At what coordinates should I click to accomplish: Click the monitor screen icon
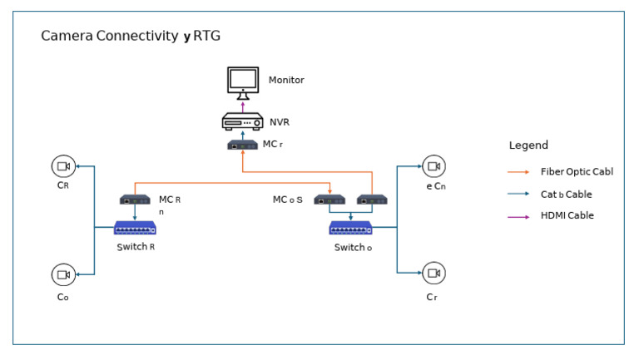click(243, 81)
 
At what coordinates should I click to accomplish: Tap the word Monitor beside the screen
click(286, 81)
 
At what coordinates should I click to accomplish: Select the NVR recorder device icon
click(243, 122)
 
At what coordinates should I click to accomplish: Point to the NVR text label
click(279, 122)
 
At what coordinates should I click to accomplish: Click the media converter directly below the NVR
click(243, 145)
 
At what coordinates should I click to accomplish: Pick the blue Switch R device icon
click(135, 228)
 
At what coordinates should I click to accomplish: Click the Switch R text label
click(136, 247)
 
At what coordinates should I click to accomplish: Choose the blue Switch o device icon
click(350, 228)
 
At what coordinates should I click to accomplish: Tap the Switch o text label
click(353, 248)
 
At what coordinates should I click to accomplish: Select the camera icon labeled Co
click(62, 274)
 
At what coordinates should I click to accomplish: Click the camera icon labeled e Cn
click(433, 166)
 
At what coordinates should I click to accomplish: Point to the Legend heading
click(528, 145)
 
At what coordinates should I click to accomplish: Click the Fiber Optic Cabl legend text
click(577, 172)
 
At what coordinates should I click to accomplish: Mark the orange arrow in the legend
click(518, 172)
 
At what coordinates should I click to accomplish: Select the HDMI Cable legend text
click(567, 215)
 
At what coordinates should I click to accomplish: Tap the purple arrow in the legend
click(518, 215)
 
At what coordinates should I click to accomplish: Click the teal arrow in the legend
click(518, 194)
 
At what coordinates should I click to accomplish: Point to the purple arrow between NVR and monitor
click(243, 105)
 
